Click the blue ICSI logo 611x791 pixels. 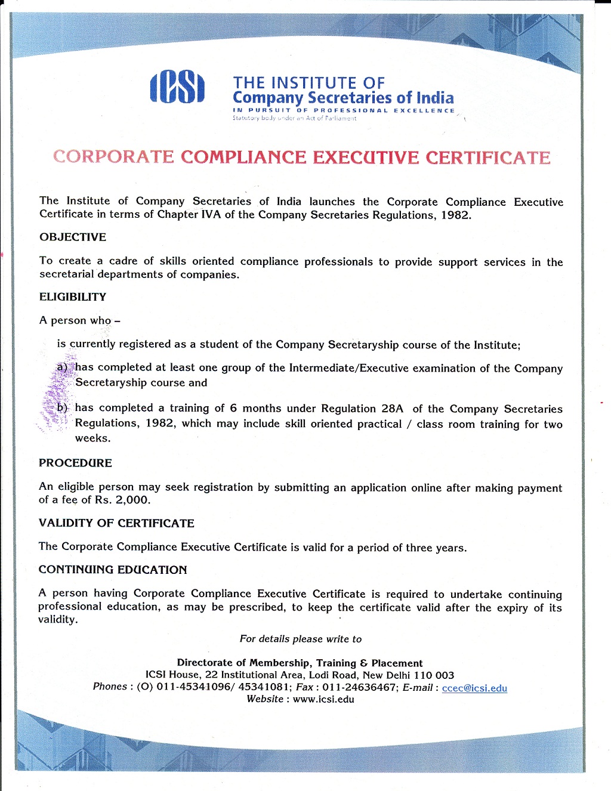coord(177,88)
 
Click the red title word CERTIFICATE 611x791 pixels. coord(487,157)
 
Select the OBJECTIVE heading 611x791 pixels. coord(73,237)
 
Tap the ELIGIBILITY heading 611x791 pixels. coord(73,297)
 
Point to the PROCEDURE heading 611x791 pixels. coord(75,463)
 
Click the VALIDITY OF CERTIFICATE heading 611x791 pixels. coord(116,523)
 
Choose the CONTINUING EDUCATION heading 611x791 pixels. coord(113,570)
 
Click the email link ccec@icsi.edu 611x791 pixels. coord(474,688)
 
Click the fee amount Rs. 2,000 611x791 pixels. coord(122,500)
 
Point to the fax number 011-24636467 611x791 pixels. coord(359,687)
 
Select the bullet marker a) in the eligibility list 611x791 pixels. coord(62,367)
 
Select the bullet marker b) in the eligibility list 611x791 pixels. coord(63,408)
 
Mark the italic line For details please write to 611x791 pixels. coord(301,639)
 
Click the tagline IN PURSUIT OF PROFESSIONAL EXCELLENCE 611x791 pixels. coord(344,110)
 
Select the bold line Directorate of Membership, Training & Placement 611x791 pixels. coord(300,663)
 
